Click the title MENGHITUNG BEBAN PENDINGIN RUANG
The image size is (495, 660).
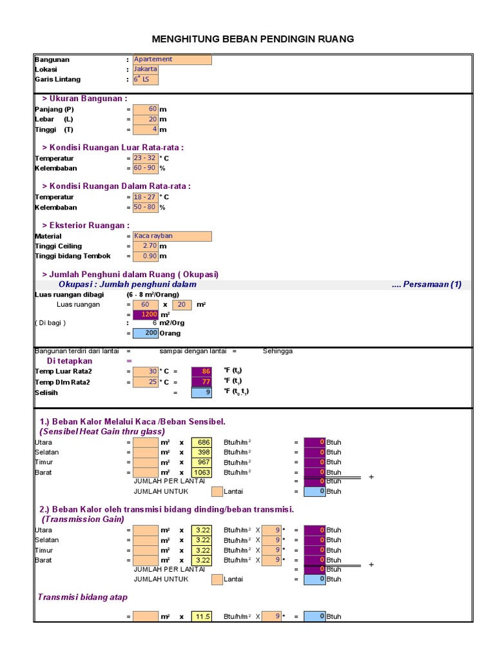point(253,39)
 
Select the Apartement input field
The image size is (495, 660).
point(171,59)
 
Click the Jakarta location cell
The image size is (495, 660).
point(145,69)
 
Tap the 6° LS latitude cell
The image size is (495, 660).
point(145,79)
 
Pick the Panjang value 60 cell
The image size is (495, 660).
point(145,109)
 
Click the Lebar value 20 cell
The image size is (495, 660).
point(145,119)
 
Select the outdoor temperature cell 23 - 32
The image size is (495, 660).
point(145,158)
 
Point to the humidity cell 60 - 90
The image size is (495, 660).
point(145,168)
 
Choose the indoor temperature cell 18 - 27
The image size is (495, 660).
point(145,197)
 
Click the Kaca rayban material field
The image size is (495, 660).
point(171,236)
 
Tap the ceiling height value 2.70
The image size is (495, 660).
point(145,246)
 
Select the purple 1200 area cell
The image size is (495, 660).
point(145,315)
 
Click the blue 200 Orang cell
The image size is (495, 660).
point(145,333)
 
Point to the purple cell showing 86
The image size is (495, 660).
point(201,371)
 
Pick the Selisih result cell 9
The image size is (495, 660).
point(201,393)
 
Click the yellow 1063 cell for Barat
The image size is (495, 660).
point(201,472)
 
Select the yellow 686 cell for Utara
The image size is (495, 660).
point(201,442)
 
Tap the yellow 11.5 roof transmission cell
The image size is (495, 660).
point(201,617)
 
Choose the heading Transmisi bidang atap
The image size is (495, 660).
point(82,597)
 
